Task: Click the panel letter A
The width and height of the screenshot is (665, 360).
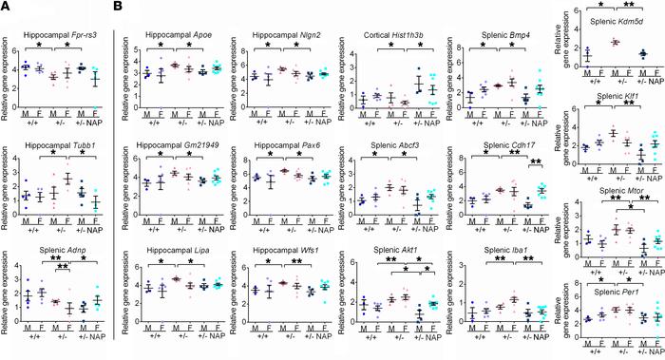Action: [7, 7]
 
